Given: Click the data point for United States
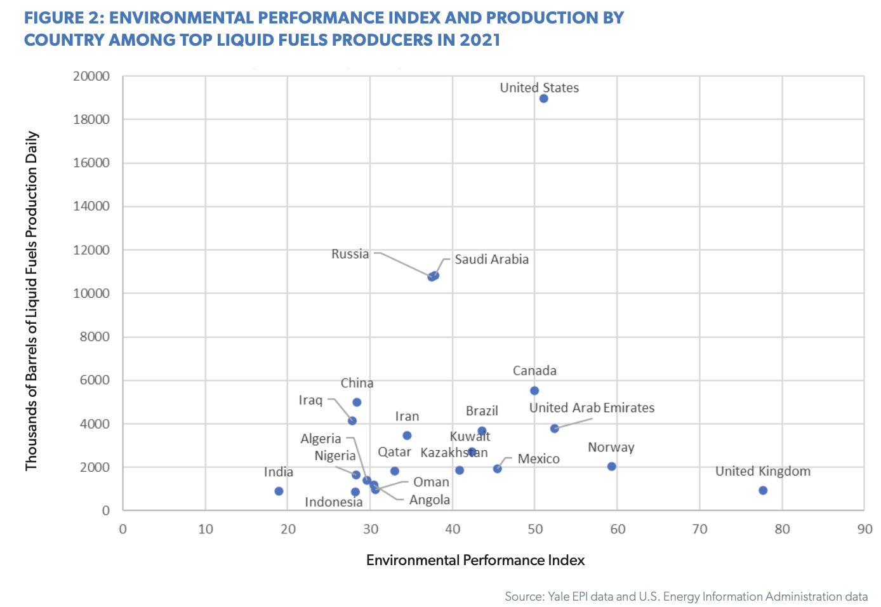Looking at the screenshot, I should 543,98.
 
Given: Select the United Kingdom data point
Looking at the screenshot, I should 763,490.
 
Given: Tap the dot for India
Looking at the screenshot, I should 279,491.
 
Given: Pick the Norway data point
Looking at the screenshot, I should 611,466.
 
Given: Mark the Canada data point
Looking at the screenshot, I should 534,390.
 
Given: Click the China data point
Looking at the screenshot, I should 357,402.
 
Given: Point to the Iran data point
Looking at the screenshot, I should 407,436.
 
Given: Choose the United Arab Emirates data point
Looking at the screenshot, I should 554,429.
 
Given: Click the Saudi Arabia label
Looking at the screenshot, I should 491,259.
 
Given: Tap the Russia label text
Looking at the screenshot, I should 350,254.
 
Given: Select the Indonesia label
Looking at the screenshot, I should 333,502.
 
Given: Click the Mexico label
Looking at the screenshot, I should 538,459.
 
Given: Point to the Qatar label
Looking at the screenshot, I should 394,452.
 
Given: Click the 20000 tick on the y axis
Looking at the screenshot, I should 91,76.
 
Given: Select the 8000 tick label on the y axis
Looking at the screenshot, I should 95,337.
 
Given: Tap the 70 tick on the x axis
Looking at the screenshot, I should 699,529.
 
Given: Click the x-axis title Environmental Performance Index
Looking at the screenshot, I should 475,560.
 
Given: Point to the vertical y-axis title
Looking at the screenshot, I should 32,301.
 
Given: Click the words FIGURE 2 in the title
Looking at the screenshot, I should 63,18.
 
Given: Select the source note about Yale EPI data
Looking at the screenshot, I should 686,596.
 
